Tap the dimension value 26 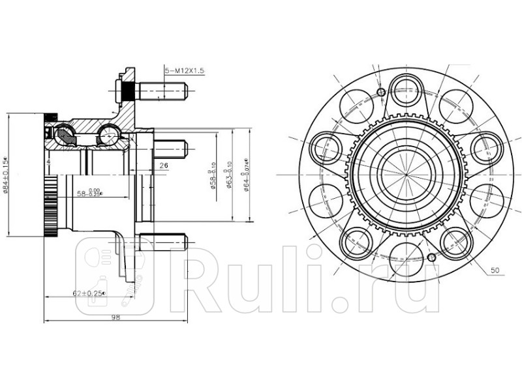point(163,166)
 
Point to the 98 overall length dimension point(116,317)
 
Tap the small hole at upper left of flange point(381,92)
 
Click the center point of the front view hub point(405,175)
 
